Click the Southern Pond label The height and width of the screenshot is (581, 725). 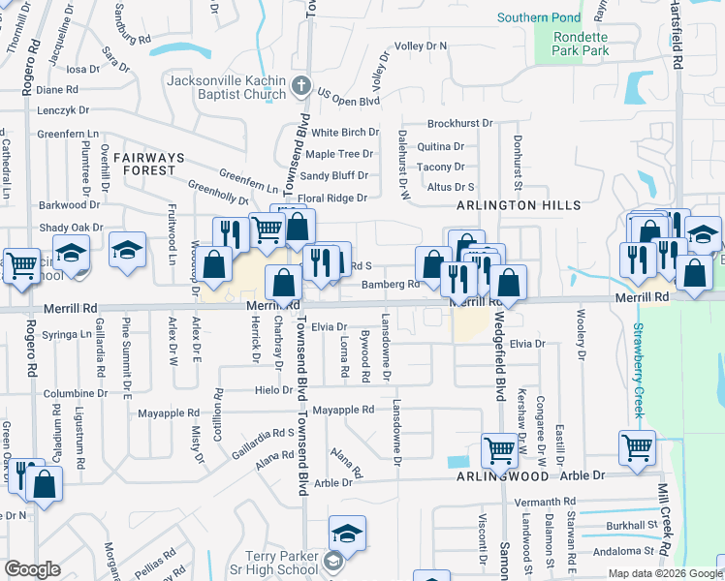539,17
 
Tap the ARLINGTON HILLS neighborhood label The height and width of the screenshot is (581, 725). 520,205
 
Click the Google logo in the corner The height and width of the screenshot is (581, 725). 32,569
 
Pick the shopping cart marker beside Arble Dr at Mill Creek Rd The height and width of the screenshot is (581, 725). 637,447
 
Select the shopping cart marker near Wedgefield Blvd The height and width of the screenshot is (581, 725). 498,448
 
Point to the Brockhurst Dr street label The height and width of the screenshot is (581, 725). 460,124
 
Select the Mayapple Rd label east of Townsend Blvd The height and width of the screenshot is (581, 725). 343,410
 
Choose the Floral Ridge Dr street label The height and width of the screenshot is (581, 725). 332,199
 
